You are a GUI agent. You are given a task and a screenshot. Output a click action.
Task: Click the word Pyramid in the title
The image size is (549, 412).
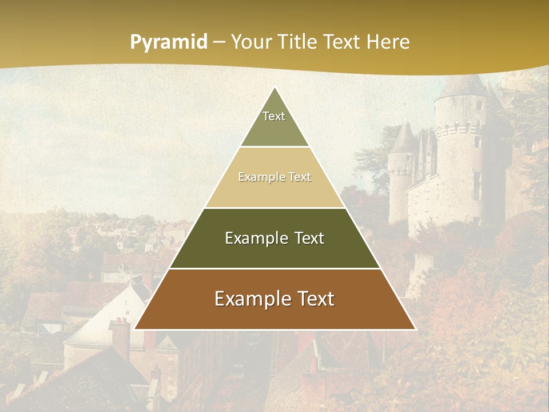pos(168,42)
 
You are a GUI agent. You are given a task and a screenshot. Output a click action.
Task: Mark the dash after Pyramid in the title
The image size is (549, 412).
pos(219,42)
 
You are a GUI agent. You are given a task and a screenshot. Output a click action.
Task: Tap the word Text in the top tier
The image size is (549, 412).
pos(274,116)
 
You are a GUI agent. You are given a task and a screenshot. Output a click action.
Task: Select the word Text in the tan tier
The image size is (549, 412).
pos(300,177)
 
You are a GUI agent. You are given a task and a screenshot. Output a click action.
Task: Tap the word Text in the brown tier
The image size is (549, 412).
pos(315,299)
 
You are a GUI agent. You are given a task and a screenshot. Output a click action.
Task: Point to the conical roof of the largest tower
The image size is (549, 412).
pos(463,86)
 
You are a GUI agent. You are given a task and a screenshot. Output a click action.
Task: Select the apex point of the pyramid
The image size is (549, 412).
pos(275,88)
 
